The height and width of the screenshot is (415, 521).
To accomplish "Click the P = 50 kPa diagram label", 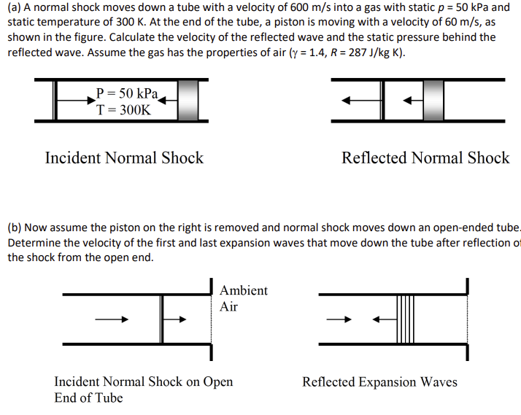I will pyautogui.click(x=127, y=94).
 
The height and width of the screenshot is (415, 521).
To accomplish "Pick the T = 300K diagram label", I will pyautogui.click(x=124, y=110).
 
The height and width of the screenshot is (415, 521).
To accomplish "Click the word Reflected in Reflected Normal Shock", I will pyautogui.click(x=374, y=158).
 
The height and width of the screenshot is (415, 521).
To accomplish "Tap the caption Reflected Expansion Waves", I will pyautogui.click(x=379, y=381).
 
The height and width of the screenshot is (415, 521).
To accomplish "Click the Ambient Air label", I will pyautogui.click(x=243, y=298).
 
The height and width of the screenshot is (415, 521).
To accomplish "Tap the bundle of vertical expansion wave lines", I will pyautogui.click(x=406, y=319).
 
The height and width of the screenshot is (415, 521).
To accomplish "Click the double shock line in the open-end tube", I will pyautogui.click(x=161, y=319).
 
